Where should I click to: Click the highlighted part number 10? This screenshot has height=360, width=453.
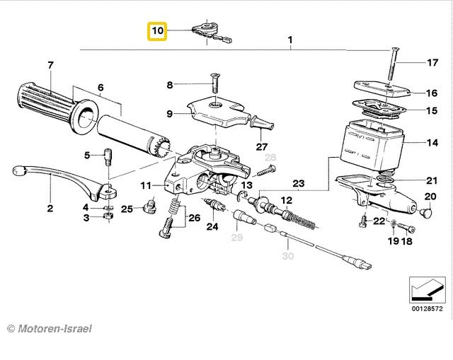[x=156, y=31]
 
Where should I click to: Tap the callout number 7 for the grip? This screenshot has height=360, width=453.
[x=50, y=66]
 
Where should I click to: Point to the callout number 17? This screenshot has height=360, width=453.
[x=432, y=63]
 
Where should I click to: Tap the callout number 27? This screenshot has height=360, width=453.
[x=262, y=146]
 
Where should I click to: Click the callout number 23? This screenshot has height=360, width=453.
[x=299, y=184]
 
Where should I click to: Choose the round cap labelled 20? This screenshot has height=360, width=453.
[x=426, y=210]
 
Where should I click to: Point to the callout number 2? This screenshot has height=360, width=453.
[x=50, y=209]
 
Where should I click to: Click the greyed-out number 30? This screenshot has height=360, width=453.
[x=287, y=255]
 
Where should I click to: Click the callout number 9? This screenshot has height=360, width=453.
[x=169, y=113]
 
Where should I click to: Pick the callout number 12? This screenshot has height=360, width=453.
[x=287, y=201]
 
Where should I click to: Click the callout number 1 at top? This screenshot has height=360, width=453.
[x=290, y=40]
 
